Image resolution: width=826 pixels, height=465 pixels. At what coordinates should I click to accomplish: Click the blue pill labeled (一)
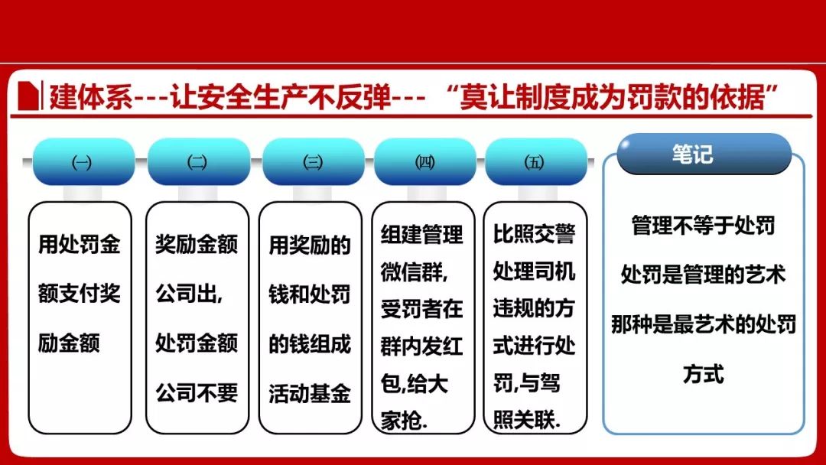83,161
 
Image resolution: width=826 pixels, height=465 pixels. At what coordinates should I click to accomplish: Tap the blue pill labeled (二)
198,161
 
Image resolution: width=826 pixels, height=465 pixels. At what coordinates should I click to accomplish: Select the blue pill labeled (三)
313,161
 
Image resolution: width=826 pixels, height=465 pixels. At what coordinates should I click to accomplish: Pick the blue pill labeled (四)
425,161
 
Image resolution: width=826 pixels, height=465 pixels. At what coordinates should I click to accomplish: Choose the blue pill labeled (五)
535,161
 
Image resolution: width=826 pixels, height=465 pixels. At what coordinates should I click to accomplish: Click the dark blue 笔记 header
704,154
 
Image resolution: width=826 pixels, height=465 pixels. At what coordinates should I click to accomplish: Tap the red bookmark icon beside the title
28,96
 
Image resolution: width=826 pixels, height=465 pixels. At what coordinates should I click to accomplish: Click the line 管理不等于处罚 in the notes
704,226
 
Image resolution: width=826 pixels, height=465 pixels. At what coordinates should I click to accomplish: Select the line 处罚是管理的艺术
704,275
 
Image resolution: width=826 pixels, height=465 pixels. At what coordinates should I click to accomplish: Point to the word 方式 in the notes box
704,373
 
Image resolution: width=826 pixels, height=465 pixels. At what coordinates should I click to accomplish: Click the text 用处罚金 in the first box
80,244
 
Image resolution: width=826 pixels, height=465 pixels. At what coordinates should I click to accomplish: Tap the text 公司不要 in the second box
197,393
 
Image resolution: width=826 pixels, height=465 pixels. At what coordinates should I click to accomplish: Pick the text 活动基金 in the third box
310,393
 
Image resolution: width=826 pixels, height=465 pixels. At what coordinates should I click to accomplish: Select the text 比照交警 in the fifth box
534,234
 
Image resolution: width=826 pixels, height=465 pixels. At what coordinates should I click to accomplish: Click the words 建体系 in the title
90,97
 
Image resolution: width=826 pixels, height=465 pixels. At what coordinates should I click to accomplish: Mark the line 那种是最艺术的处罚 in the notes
704,324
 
